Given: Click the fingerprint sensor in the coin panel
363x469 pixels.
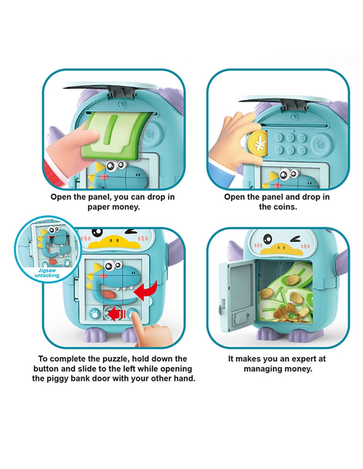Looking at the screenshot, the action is (320, 143).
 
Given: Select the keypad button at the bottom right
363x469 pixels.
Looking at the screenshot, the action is (302, 150).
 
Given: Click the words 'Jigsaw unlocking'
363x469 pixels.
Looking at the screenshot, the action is (47, 273).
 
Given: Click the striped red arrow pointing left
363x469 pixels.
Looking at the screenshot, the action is (117, 314).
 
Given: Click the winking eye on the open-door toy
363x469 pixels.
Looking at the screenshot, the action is (295, 239).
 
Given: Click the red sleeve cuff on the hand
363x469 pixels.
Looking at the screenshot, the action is (54, 173).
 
